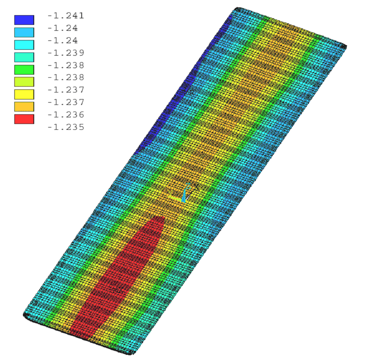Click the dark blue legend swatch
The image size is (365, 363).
pyautogui.click(x=24, y=20)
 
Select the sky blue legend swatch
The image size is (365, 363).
pyautogui.click(x=24, y=32)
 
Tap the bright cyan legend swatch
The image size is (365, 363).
pyautogui.click(x=24, y=45)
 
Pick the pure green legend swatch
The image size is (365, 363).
pyautogui.click(x=24, y=70)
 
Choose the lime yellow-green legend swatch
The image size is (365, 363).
pyautogui.click(x=24, y=82)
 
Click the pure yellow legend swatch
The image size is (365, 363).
pyautogui.click(x=24, y=94)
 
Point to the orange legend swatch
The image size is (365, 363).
pyautogui.click(x=24, y=106)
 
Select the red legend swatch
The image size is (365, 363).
pyautogui.click(x=24, y=119)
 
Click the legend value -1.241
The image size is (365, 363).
pyautogui.click(x=66, y=16)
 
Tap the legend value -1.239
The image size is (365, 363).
pyautogui.click(x=66, y=53)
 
